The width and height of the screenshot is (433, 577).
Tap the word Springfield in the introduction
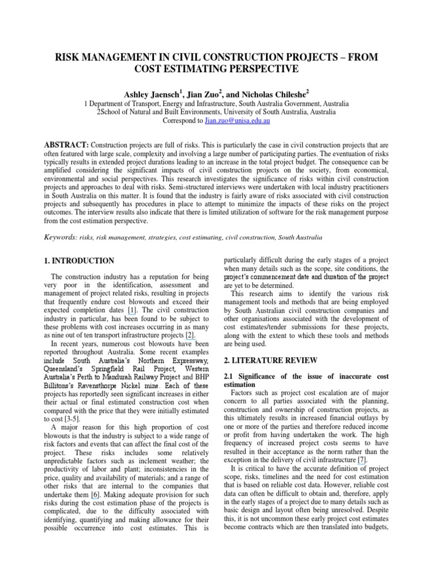pyautogui.click(x=107, y=371)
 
